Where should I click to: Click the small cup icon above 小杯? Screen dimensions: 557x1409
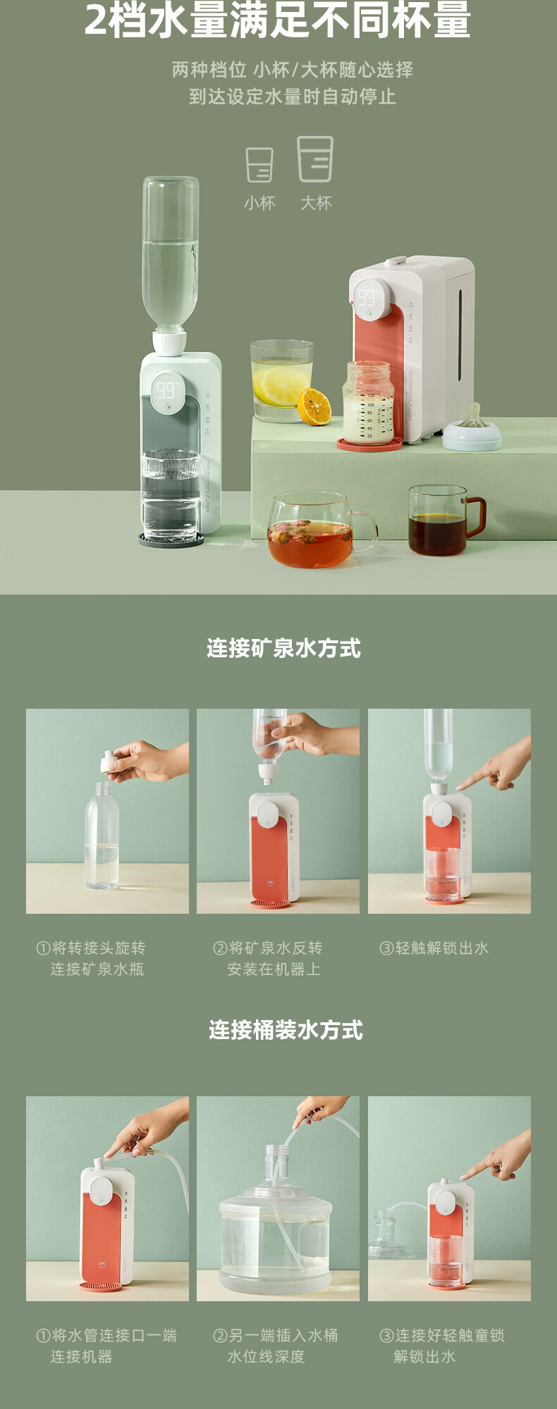tap(259, 165)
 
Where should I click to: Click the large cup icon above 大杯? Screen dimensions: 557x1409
tap(315, 159)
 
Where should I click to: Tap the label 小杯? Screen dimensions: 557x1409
tap(259, 203)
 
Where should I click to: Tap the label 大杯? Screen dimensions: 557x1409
tap(316, 203)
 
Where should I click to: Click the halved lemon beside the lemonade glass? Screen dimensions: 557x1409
tap(314, 406)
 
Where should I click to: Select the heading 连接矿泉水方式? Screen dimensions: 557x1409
tap(283, 648)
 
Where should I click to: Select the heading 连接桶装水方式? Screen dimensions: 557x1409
tap(286, 1030)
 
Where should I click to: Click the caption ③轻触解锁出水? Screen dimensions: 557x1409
tap(434, 948)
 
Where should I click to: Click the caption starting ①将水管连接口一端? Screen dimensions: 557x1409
tap(106, 1346)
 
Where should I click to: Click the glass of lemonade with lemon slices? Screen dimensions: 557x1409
tap(281, 380)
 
